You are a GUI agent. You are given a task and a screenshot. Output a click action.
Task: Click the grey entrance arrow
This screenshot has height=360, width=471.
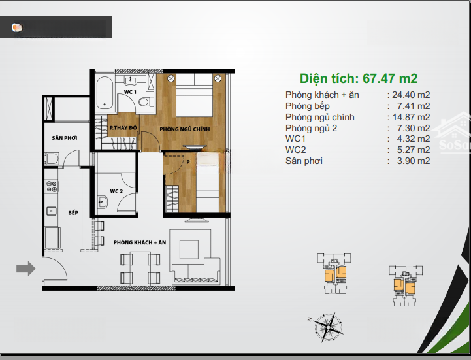coord(26,269)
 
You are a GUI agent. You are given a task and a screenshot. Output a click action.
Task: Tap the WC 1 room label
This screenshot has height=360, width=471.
coord(131,92)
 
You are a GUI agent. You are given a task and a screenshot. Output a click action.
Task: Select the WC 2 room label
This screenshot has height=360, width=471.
coord(116,191)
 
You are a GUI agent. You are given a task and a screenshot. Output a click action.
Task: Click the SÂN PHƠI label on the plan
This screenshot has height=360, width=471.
coord(65,138)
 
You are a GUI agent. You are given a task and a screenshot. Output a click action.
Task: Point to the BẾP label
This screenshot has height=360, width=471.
coord(73,213)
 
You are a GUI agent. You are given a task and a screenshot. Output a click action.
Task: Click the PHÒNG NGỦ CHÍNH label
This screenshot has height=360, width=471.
coord(185,129)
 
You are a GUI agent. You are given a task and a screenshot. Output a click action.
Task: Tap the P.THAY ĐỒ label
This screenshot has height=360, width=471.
coord(123,127)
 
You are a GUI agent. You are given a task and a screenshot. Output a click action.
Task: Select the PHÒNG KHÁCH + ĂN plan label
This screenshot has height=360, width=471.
coord(140,242)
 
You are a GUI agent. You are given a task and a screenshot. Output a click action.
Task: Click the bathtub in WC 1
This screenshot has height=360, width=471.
coord(105,93)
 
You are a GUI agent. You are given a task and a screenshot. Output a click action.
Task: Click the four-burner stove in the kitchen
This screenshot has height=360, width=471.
coord(52,186)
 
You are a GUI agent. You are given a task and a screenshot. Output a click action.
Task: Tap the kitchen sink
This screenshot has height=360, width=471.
coord(52,211)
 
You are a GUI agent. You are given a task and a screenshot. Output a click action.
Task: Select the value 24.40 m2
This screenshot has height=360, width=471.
coord(411,95)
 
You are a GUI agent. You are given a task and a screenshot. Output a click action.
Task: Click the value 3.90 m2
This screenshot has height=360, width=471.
coord(414,161)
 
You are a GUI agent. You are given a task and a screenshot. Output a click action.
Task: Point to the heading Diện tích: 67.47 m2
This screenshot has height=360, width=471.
coord(359,79)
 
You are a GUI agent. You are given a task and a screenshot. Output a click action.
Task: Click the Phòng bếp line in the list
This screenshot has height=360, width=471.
coord(357,106)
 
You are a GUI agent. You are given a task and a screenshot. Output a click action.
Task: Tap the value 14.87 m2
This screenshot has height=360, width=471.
coord(411,117)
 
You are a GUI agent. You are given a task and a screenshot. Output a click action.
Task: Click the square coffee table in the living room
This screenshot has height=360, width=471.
coord(189,250)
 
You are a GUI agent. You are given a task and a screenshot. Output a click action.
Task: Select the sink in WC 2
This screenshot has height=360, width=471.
coord(102,202)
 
